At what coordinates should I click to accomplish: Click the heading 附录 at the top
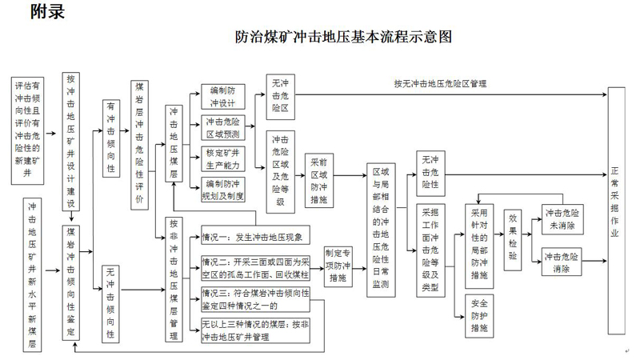[47, 11]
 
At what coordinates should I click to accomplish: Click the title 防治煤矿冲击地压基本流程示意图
[344, 37]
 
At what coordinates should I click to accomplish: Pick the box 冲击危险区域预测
[222, 127]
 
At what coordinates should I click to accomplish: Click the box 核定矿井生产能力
[222, 158]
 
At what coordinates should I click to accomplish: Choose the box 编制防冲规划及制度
[222, 189]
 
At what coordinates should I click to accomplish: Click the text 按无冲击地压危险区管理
[440, 83]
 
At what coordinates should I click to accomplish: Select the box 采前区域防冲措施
[318, 179]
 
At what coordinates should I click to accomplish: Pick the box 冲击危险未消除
[562, 218]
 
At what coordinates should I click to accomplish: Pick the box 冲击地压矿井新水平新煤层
[32, 276]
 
